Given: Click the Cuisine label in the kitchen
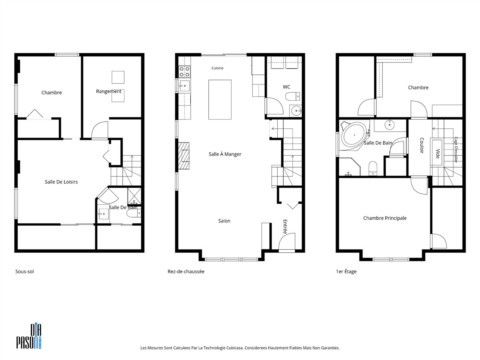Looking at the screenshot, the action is (217, 68).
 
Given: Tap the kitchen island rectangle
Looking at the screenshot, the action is (220, 100).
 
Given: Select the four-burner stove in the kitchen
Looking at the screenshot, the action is (184, 72).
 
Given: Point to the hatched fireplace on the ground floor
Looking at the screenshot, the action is (184, 156).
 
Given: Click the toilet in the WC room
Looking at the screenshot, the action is (292, 96).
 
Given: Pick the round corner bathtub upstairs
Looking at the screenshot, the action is (354, 136).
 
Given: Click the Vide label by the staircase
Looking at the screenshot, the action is (438, 154).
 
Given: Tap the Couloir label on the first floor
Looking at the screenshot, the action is (422, 145).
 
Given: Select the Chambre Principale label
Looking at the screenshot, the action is (385, 218).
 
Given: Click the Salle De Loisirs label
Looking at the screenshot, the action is (61, 182).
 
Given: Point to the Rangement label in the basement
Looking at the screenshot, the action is (109, 91).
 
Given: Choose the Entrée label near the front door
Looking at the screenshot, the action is (285, 227).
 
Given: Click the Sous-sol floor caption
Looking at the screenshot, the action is (24, 272).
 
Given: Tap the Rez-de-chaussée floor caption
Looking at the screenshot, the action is (186, 272).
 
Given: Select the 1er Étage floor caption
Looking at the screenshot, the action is (346, 272).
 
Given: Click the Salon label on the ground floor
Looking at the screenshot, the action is (224, 221).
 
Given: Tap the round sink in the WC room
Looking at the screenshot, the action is (296, 111).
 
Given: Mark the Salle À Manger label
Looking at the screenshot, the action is (225, 154).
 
